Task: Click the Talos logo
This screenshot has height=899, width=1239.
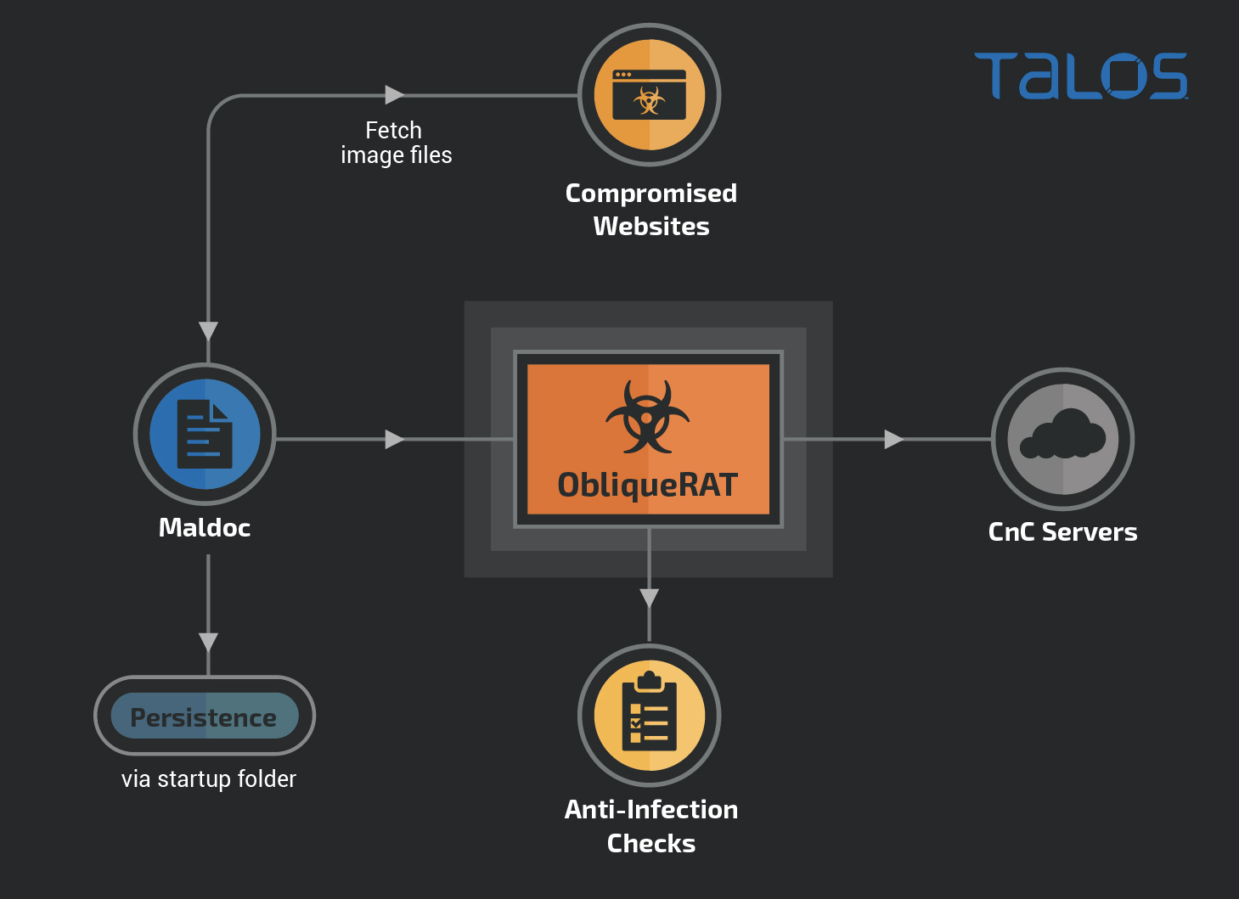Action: [1080, 76]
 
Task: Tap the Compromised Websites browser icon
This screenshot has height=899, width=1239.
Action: [650, 94]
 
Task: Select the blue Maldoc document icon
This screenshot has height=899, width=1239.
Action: [205, 434]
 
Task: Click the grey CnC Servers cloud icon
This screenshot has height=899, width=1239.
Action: [1062, 439]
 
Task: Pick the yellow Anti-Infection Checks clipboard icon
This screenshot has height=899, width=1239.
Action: [650, 715]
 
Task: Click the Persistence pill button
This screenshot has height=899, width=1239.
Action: [205, 716]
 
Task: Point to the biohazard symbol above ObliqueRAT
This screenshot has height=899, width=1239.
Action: [648, 416]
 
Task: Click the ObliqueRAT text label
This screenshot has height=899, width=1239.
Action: [648, 485]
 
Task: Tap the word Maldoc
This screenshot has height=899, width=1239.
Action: [205, 528]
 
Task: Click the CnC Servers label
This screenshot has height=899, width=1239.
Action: [1062, 532]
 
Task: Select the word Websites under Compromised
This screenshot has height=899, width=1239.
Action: [651, 227]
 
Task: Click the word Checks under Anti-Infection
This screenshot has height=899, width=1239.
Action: [651, 843]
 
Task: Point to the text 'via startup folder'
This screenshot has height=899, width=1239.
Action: [209, 778]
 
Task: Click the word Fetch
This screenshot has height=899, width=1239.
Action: [393, 131]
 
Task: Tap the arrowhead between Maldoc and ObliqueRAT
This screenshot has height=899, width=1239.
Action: [394, 439]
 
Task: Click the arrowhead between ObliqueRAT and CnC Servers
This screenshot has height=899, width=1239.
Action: [893, 439]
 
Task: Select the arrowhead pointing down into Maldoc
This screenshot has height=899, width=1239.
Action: [208, 331]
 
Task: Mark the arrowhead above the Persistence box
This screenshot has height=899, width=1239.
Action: [208, 642]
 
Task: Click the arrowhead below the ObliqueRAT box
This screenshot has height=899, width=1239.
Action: [650, 598]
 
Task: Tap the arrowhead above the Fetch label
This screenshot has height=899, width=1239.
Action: [394, 94]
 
